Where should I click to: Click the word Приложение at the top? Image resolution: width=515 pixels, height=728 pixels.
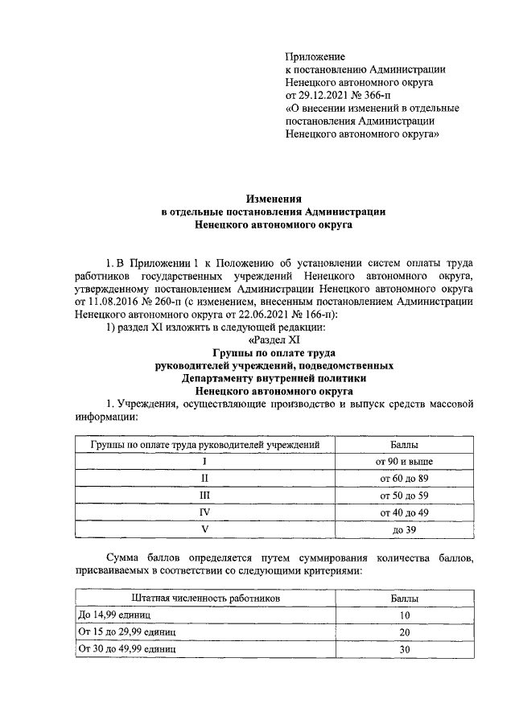coord(315,56)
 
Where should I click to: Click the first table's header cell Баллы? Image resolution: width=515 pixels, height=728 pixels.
coord(403,443)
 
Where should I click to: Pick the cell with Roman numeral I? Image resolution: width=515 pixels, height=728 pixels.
coord(205,461)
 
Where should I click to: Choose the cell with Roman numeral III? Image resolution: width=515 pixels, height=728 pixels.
coord(205,496)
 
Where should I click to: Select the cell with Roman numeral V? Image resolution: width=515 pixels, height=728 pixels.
coord(205,529)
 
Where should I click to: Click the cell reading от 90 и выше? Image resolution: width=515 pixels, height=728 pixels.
coord(403,461)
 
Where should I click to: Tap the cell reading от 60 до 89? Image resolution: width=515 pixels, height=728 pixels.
coord(403,479)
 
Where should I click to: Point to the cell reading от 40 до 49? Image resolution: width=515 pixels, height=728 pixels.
coord(403,512)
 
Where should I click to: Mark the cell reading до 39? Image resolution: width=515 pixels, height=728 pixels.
coord(403,529)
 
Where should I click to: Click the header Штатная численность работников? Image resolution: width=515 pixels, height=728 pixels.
coord(205,598)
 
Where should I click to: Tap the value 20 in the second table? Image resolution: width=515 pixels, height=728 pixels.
coord(403,632)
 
